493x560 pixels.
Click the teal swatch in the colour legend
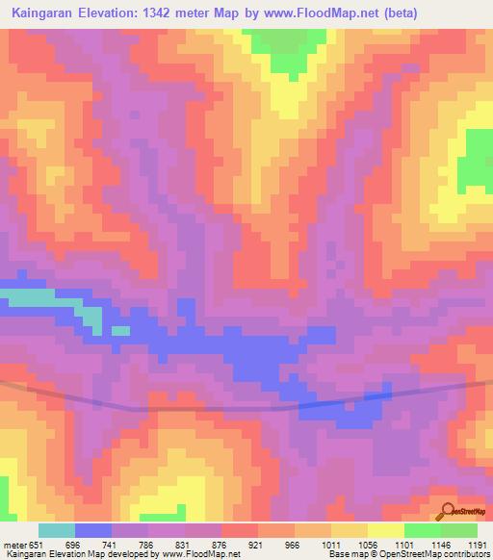click(56, 530)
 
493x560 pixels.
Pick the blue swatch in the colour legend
click(93, 530)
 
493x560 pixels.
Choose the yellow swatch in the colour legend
click(385, 530)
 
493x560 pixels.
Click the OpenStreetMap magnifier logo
click(447, 514)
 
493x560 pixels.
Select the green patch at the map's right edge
click(477, 159)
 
